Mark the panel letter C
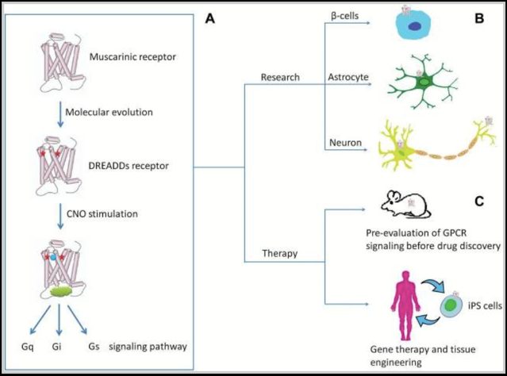[478, 201]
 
